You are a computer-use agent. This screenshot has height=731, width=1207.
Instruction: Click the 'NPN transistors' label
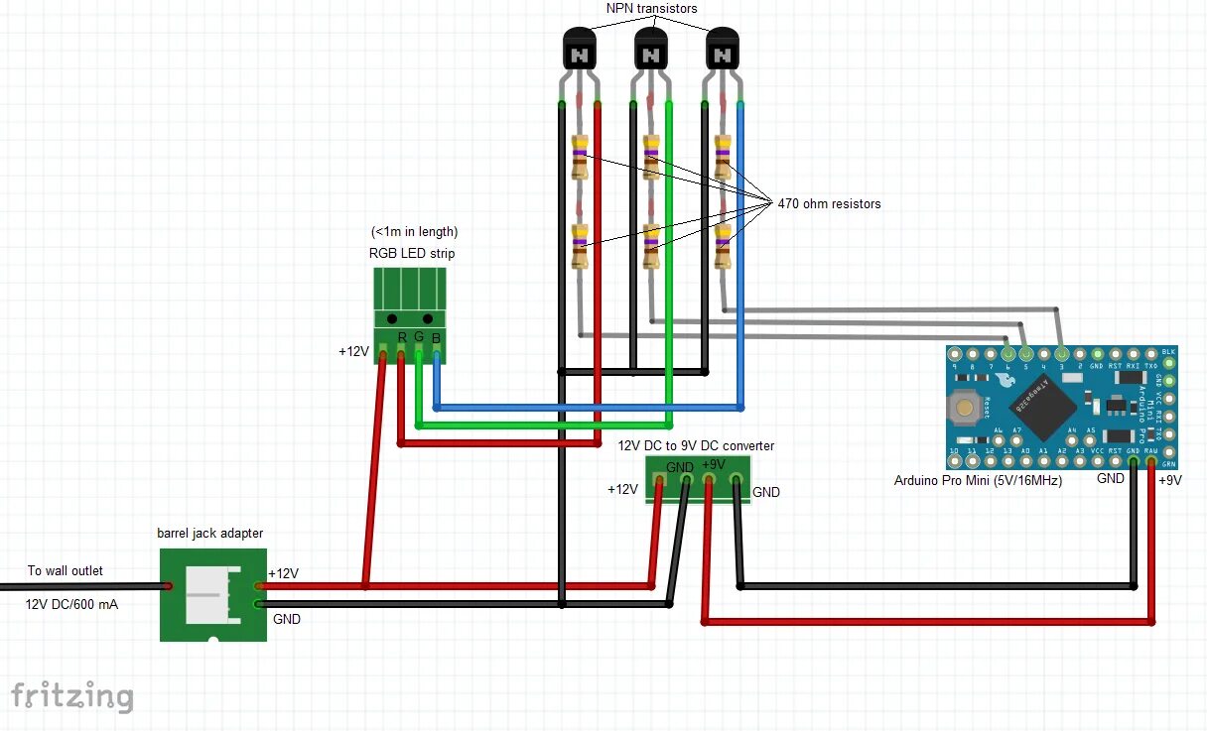coord(651,9)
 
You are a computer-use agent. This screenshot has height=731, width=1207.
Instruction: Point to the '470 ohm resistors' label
coord(829,203)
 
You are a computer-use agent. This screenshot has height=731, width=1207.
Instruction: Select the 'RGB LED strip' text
coord(412,253)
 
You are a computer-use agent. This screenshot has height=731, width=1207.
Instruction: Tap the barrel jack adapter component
coord(213,595)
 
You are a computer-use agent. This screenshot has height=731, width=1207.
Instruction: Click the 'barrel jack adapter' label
coord(210,534)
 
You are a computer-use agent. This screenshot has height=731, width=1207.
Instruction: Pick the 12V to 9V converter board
coord(698,478)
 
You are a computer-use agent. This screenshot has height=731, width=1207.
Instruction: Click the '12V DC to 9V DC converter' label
coord(696,446)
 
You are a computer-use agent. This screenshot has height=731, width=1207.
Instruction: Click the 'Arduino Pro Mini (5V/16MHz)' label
coord(978,481)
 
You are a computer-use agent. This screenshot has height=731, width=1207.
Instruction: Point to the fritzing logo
coord(71,696)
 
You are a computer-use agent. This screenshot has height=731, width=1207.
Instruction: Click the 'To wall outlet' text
coord(65,570)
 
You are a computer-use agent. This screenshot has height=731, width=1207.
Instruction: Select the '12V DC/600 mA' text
coord(70,603)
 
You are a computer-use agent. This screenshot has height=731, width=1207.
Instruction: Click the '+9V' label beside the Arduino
coord(1170,480)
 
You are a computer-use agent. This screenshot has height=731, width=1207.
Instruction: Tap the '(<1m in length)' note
coord(414,232)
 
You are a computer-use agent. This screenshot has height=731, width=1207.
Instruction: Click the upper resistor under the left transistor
coord(580,157)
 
